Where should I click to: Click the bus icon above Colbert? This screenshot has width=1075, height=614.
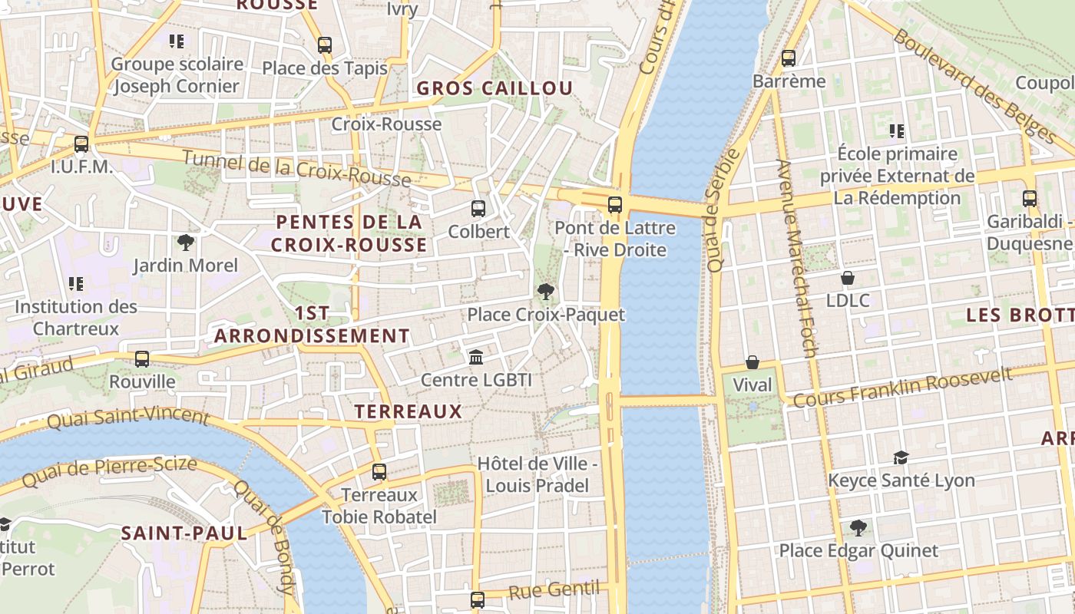click(478, 208)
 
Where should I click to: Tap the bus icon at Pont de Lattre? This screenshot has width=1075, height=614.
click(614, 205)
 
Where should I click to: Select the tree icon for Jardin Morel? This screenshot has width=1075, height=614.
click(185, 243)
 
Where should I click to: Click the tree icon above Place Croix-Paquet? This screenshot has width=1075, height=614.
click(546, 292)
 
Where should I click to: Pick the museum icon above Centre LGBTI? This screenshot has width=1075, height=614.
click(476, 357)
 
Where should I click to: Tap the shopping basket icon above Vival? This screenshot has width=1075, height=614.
click(752, 362)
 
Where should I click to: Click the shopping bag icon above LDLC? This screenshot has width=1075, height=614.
click(848, 277)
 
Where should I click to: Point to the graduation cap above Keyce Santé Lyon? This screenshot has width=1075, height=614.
click(901, 457)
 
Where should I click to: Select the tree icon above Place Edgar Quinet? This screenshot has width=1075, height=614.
click(858, 527)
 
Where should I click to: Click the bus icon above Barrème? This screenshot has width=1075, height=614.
click(789, 58)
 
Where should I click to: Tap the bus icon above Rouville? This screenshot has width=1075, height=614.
click(142, 358)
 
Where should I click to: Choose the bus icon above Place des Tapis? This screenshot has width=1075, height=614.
click(325, 45)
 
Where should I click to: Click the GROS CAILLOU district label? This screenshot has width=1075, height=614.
click(495, 88)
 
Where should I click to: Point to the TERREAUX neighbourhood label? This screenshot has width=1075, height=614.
click(408, 411)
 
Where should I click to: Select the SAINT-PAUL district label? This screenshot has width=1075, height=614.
click(184, 533)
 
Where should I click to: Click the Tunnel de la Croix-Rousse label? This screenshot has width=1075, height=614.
click(296, 170)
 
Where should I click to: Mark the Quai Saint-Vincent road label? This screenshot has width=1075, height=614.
click(128, 418)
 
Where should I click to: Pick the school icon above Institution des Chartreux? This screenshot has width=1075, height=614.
click(76, 284)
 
